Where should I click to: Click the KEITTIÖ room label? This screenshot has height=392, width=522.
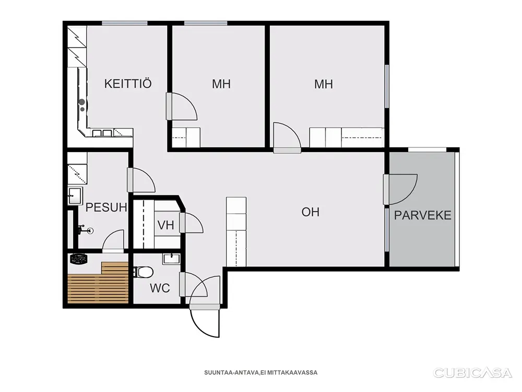pyautogui.click(x=128, y=83)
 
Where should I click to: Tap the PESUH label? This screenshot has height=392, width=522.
pyautogui.click(x=106, y=207)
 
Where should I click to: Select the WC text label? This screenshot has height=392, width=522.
pyautogui.click(x=160, y=288)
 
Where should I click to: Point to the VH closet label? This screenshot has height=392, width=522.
pyautogui.click(x=165, y=225)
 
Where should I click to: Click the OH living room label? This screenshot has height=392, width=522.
pyautogui.click(x=310, y=212)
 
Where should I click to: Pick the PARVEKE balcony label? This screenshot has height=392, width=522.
pyautogui.click(x=422, y=215)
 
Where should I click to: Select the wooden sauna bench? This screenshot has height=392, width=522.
pyautogui.click(x=98, y=283)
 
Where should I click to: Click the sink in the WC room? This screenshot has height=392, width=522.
pyautogui.click(x=171, y=259)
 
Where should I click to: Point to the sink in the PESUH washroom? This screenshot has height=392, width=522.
pyautogui.click(x=75, y=195)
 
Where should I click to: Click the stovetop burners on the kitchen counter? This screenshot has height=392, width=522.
pyautogui.click(x=82, y=105)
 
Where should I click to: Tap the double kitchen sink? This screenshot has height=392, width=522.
pyautogui.click(x=102, y=133)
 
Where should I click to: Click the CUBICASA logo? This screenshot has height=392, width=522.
pyautogui.click(x=472, y=373)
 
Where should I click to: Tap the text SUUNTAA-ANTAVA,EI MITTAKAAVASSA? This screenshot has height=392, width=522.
pyautogui.click(x=260, y=373)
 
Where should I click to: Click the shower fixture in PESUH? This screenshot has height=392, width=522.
pyautogui.click(x=85, y=230)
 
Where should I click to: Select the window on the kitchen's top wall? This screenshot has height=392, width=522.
pyautogui.click(x=125, y=23)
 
